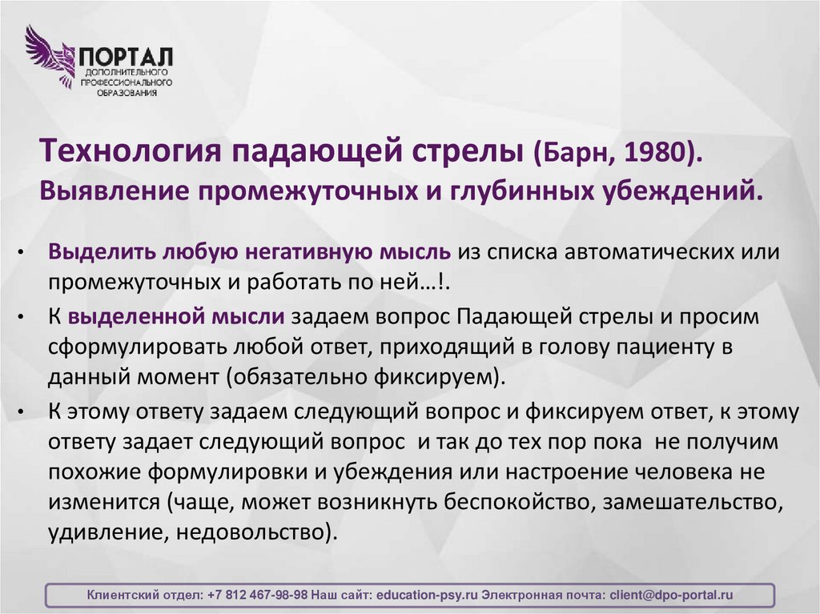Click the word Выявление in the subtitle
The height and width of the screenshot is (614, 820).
click(114, 191)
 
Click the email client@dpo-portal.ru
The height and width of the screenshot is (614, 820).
click(671, 596)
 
